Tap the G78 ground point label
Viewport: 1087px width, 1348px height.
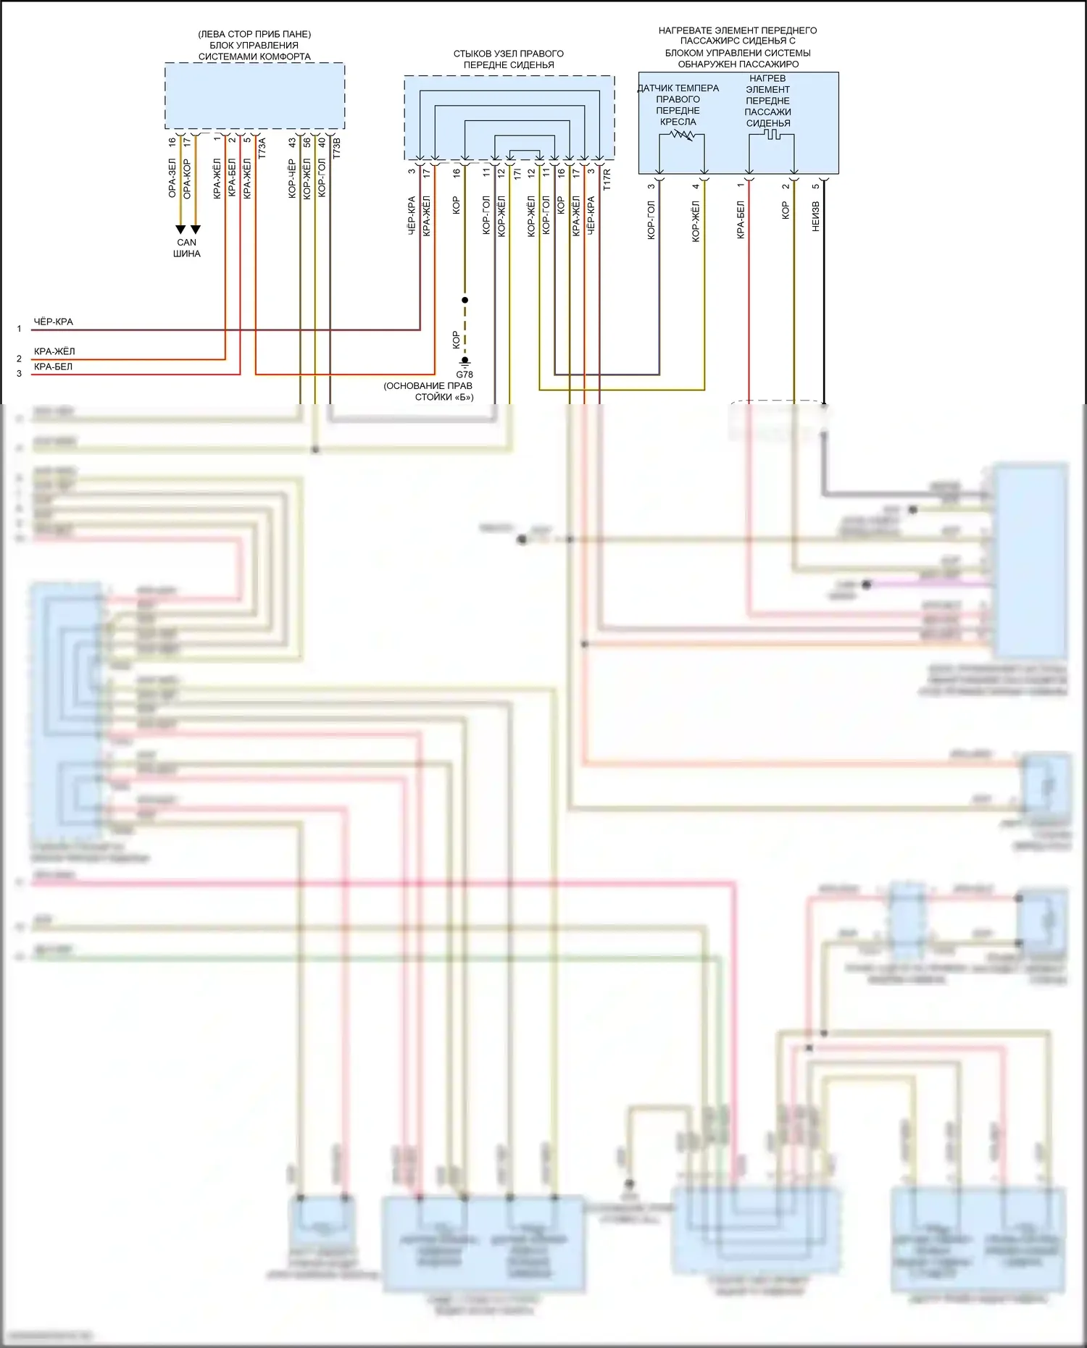[x=465, y=374]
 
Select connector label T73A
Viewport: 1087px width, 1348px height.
[x=262, y=148]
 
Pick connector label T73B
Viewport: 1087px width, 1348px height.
[x=336, y=148]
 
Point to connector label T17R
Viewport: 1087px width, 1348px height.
[x=607, y=180]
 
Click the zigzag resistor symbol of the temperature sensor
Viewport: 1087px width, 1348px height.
[x=682, y=135]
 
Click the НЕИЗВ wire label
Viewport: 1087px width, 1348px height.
[x=815, y=217]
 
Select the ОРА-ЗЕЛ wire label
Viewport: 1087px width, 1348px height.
[x=172, y=178]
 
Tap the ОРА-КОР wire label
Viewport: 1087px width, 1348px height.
[x=187, y=178]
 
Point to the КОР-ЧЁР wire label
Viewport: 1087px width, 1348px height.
[x=291, y=179]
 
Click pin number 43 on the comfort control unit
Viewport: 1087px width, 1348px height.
[x=291, y=143]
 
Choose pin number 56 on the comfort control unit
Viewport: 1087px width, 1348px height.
[x=307, y=143]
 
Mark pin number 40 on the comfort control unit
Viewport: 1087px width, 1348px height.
[x=322, y=143]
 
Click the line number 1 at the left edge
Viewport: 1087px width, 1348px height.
[x=20, y=329]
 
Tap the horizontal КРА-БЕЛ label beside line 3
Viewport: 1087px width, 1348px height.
[x=53, y=367]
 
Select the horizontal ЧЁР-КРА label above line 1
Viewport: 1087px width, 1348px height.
[x=53, y=322]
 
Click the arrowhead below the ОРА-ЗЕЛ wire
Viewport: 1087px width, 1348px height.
[x=180, y=230]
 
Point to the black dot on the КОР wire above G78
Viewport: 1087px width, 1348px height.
[x=465, y=300]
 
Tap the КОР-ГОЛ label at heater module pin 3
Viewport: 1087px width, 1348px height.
[x=651, y=220]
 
